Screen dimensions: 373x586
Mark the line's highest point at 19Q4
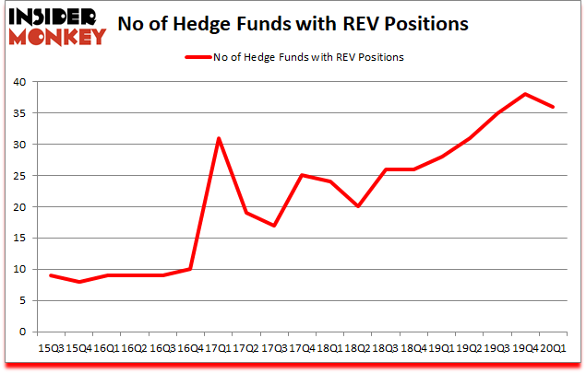(525, 94)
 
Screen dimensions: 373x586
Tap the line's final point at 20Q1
(554, 107)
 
